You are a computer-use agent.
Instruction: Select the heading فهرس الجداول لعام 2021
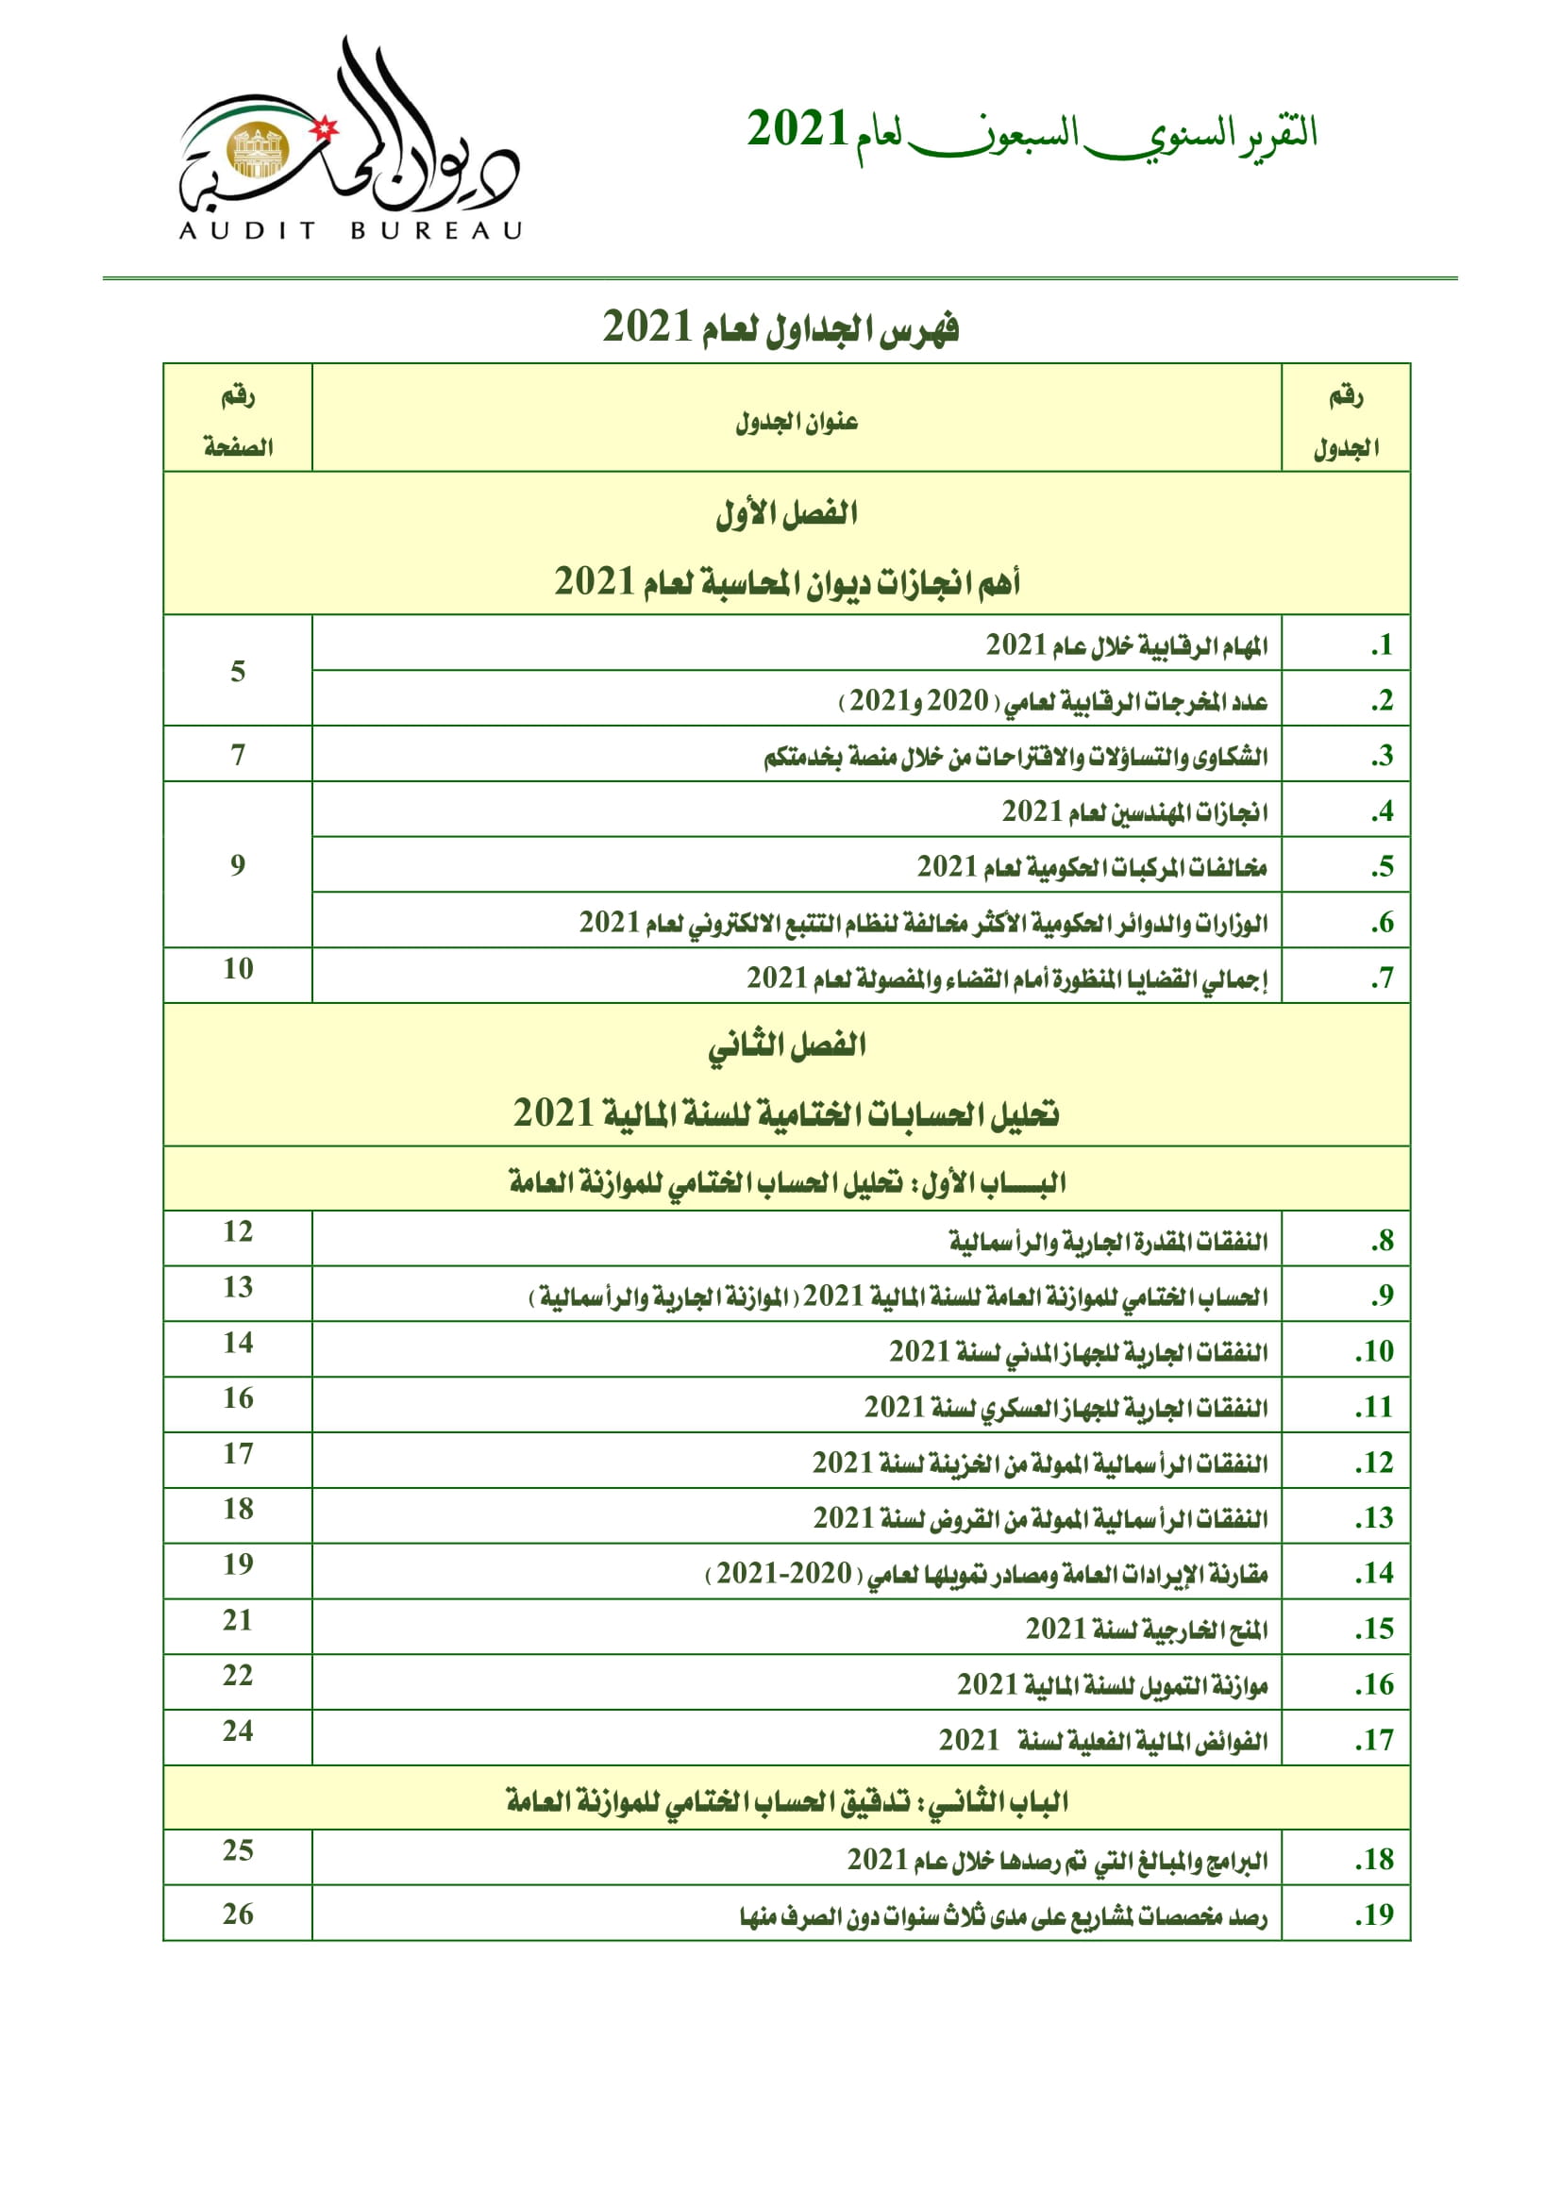point(780,327)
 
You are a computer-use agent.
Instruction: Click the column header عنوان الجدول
point(796,421)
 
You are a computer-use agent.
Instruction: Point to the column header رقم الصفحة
point(238,421)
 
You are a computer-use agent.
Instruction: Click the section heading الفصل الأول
point(786,512)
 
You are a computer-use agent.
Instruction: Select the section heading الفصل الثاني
point(786,1045)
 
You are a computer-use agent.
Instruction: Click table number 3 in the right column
point(1382,756)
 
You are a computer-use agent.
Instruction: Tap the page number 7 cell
point(238,755)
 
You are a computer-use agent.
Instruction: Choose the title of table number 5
point(1091,867)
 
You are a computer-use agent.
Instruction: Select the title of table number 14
point(986,1574)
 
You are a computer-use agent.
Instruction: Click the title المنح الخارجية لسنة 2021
point(1146,1630)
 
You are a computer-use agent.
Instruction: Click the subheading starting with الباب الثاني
point(786,1800)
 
